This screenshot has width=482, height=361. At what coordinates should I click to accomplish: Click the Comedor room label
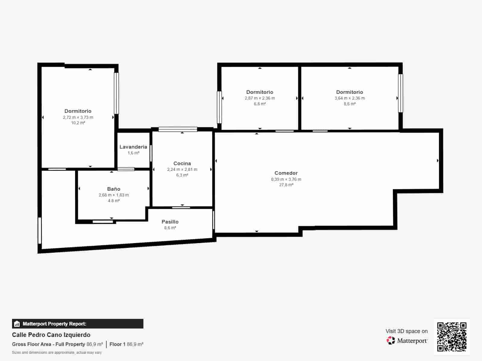click(286, 173)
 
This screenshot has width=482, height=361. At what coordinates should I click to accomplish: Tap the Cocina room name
click(182, 163)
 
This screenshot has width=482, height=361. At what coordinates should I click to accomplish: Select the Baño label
click(114, 189)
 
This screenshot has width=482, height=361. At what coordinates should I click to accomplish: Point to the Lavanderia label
click(133, 147)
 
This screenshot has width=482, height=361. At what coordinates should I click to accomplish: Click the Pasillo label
click(170, 222)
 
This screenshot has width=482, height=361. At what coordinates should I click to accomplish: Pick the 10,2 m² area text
click(78, 123)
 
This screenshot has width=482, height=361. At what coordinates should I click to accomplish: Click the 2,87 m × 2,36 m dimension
click(260, 98)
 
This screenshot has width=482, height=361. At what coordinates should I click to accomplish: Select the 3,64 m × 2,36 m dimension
click(349, 98)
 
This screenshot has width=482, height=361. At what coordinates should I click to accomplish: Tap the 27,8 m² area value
click(286, 185)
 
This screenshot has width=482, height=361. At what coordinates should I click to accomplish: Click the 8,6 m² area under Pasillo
click(170, 228)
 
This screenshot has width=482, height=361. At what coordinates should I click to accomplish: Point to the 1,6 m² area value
click(133, 153)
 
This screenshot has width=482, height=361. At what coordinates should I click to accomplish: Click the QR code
click(452, 337)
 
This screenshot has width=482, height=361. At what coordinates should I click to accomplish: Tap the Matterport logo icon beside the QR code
click(391, 341)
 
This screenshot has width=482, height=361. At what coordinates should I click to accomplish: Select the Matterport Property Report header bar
click(78, 324)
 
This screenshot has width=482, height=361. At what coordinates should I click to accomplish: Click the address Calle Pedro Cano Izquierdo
click(51, 335)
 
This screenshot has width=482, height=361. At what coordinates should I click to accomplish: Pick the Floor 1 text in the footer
click(117, 344)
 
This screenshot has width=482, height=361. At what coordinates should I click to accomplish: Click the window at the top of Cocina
click(178, 129)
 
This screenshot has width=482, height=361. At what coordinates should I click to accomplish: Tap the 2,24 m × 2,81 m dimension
click(182, 169)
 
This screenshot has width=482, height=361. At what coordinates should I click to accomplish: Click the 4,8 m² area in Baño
click(114, 201)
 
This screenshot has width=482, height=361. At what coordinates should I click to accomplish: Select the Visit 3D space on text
click(406, 331)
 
